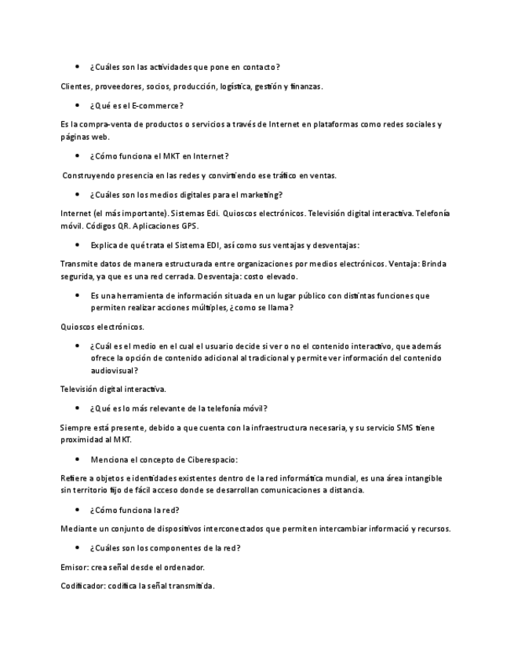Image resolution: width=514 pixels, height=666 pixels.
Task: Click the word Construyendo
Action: pyautogui.click(x=90, y=175)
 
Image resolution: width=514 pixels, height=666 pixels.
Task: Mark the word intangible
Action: pyautogui.click(x=416, y=478)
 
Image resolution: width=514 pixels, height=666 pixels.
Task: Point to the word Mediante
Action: pyautogui.click(x=79, y=529)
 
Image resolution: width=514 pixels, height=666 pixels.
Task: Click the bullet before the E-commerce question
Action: pyautogui.click(x=77, y=105)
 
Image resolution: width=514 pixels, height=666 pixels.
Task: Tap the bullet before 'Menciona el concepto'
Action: pyautogui.click(x=77, y=459)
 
